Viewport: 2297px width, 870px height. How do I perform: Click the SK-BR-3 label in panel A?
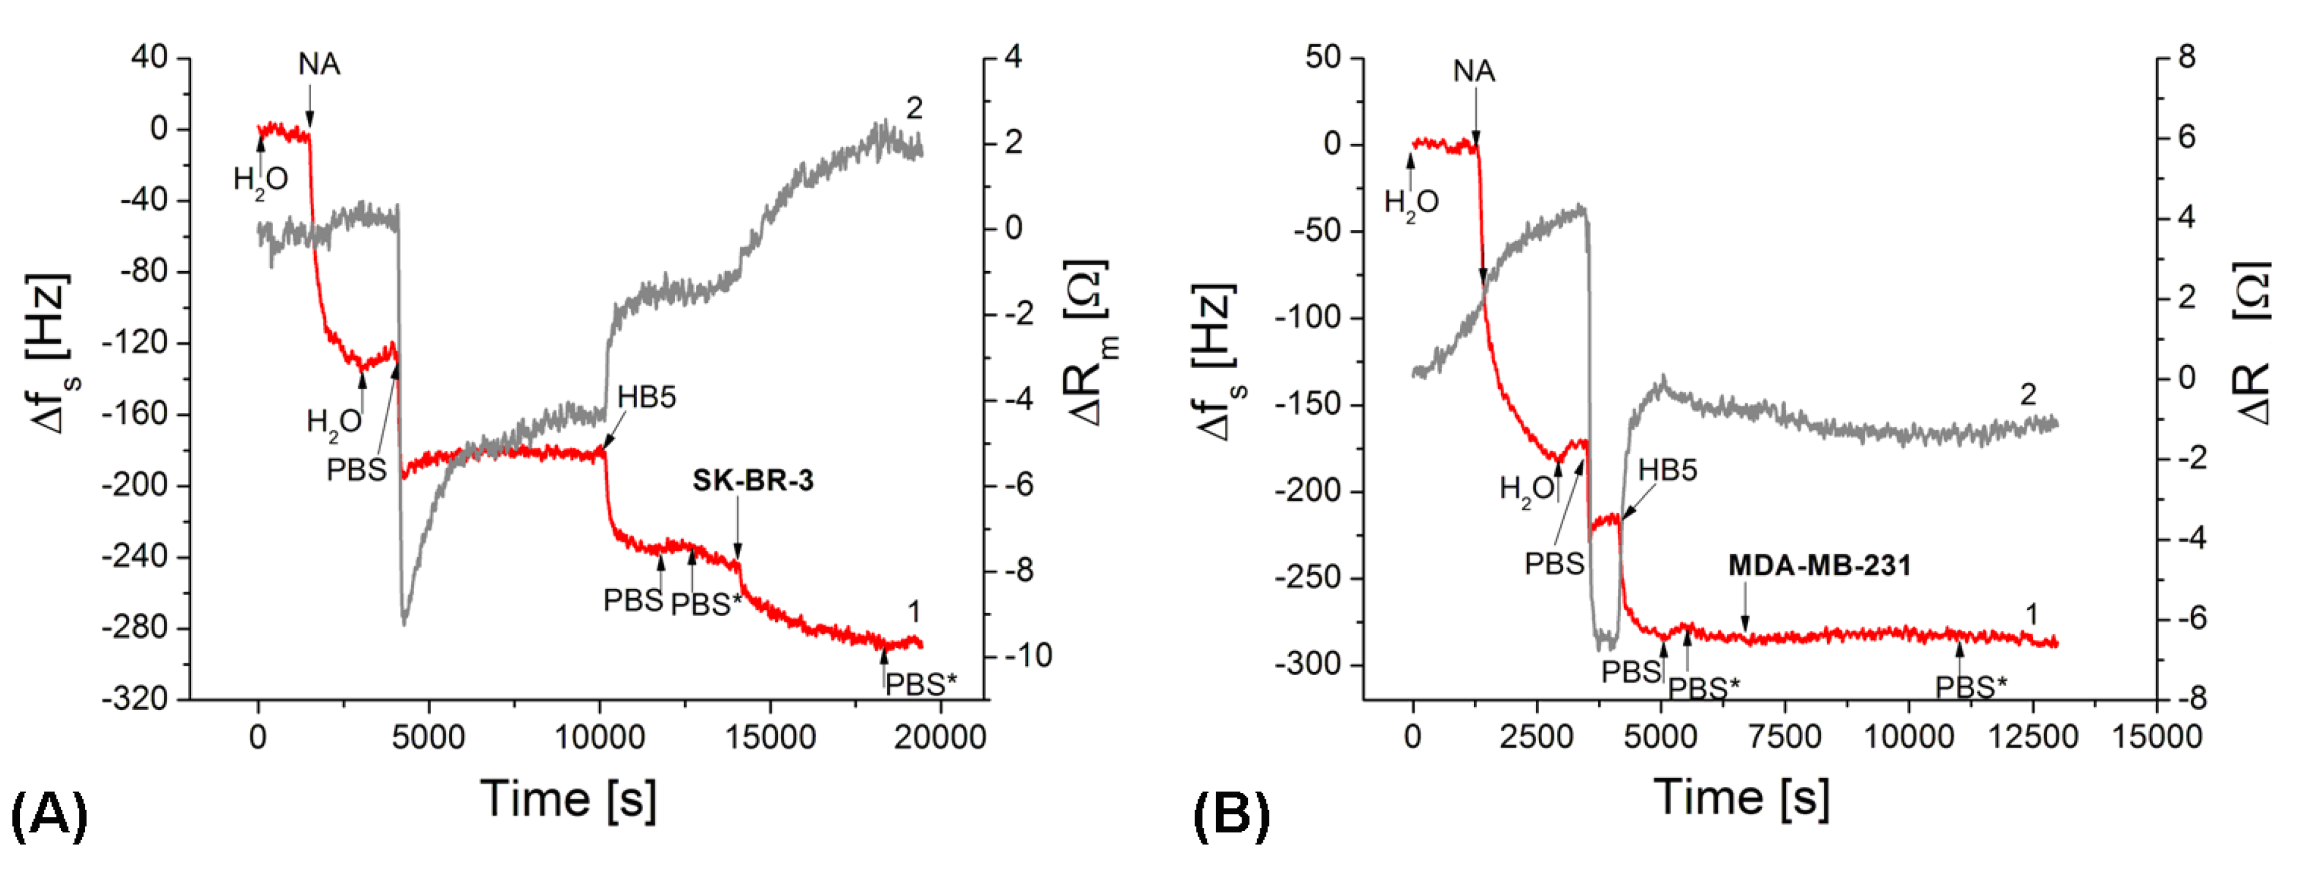pyautogui.click(x=752, y=482)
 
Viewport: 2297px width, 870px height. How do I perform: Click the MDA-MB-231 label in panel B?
pyautogui.click(x=1819, y=566)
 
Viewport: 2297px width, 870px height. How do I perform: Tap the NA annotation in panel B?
pyautogui.click(x=1473, y=71)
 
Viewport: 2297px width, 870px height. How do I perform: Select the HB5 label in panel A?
pyautogui.click(x=646, y=398)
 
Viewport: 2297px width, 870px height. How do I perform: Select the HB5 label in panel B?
pyautogui.click(x=1667, y=470)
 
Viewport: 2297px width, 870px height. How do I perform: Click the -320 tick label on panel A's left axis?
pyautogui.click(x=135, y=699)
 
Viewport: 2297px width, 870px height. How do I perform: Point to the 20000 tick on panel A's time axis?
pyautogui.click(x=940, y=737)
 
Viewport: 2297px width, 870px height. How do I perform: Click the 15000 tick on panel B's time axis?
pyautogui.click(x=2156, y=737)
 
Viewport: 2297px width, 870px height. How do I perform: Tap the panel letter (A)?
pyautogui.click(x=49, y=814)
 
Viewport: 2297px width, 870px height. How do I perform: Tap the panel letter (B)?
pyautogui.click(x=1232, y=814)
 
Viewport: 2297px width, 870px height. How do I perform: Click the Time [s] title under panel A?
pyautogui.click(x=569, y=798)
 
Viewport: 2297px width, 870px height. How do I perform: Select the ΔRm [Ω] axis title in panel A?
pyautogui.click(x=1090, y=343)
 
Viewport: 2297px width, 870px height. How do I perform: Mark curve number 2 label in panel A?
pyautogui.click(x=914, y=109)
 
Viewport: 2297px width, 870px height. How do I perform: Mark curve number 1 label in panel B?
pyautogui.click(x=2031, y=614)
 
